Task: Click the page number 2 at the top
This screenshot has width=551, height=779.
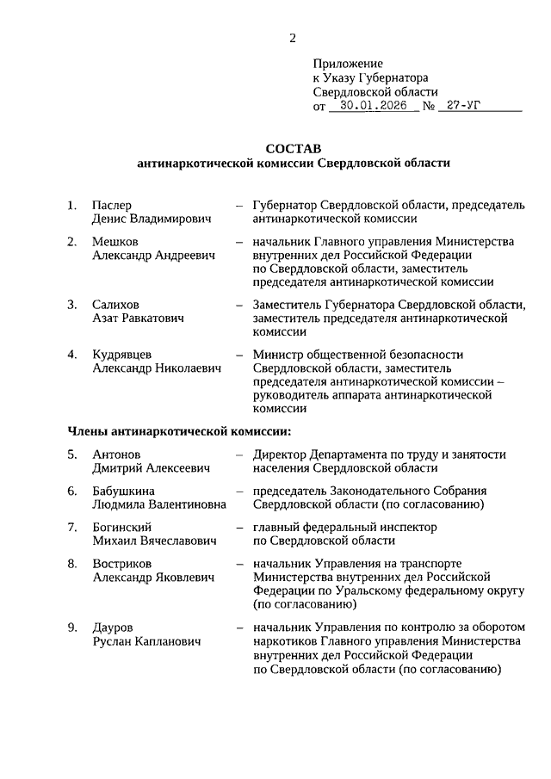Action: pos(292,38)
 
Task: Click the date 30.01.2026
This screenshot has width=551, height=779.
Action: pos(373,107)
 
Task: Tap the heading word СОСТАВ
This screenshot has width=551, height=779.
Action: pos(293,147)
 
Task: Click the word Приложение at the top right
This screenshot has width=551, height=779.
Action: pos(347,64)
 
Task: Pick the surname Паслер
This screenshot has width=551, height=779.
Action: pos(112,206)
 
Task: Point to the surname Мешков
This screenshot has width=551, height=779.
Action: pos(115,241)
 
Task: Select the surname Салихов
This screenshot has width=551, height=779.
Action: pos(115,305)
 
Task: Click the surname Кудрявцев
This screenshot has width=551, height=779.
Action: pos(125,354)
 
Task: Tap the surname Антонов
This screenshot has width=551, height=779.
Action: pos(116,454)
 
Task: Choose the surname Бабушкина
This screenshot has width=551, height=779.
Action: pos(122,490)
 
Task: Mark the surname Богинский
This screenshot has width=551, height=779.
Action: pos(122,526)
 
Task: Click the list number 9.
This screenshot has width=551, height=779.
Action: pos(72,627)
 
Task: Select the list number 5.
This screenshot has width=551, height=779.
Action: pos(72,454)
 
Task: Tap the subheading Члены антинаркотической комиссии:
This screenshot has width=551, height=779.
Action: pos(179,430)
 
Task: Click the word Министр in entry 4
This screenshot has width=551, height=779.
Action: pos(277,354)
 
